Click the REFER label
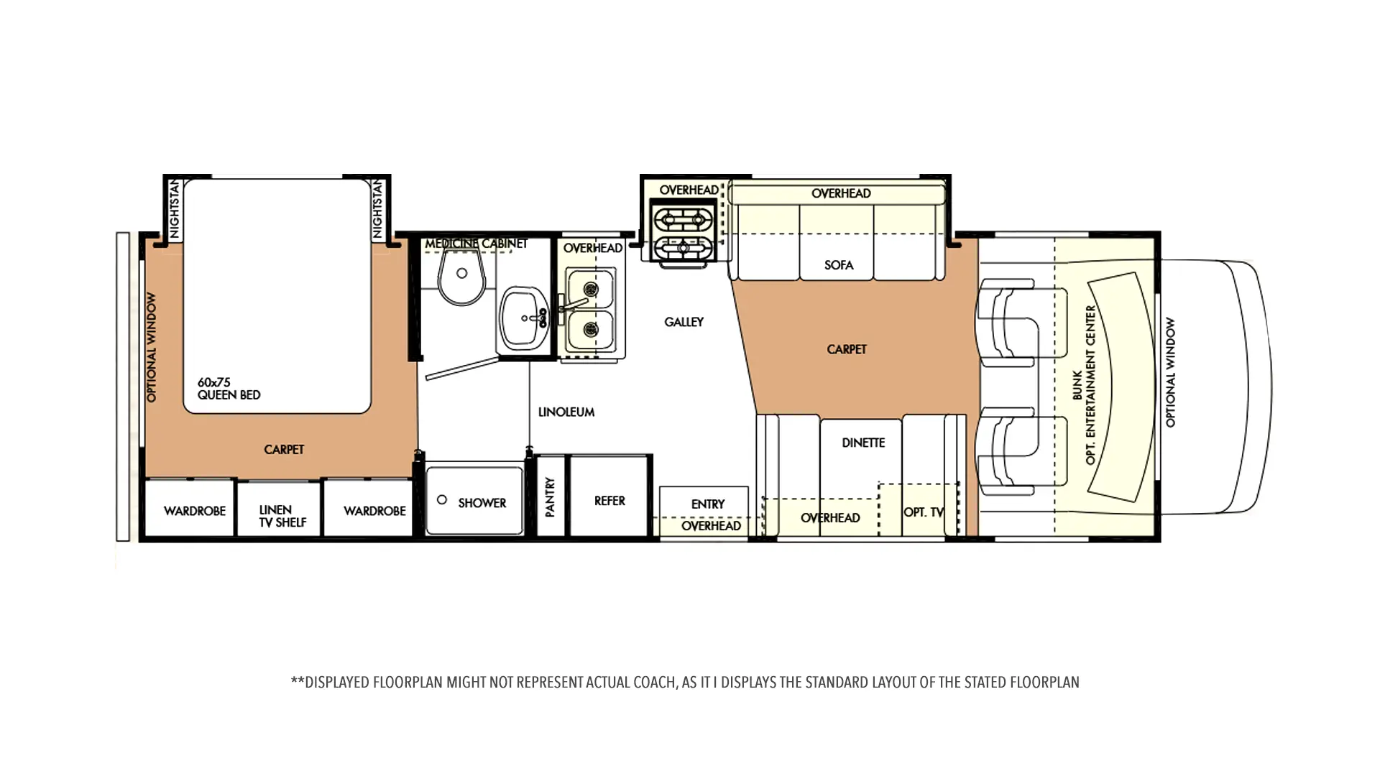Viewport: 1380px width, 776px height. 609,501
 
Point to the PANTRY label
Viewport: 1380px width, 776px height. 550,497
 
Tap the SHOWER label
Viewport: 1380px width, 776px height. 482,503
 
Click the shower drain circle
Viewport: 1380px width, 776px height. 442,499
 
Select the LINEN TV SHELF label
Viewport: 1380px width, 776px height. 282,516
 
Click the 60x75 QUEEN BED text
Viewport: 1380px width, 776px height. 229,389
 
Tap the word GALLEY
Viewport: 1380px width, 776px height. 684,322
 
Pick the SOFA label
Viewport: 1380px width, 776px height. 839,265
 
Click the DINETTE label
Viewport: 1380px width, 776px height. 863,443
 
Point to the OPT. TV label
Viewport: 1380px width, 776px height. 924,512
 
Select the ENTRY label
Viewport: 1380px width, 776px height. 708,504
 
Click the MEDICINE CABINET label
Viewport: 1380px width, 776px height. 476,244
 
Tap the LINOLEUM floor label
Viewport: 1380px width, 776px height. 566,412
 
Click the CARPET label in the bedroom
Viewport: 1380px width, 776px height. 284,450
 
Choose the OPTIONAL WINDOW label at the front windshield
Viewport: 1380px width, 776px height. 1170,372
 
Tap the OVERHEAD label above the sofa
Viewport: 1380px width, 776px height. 841,193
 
